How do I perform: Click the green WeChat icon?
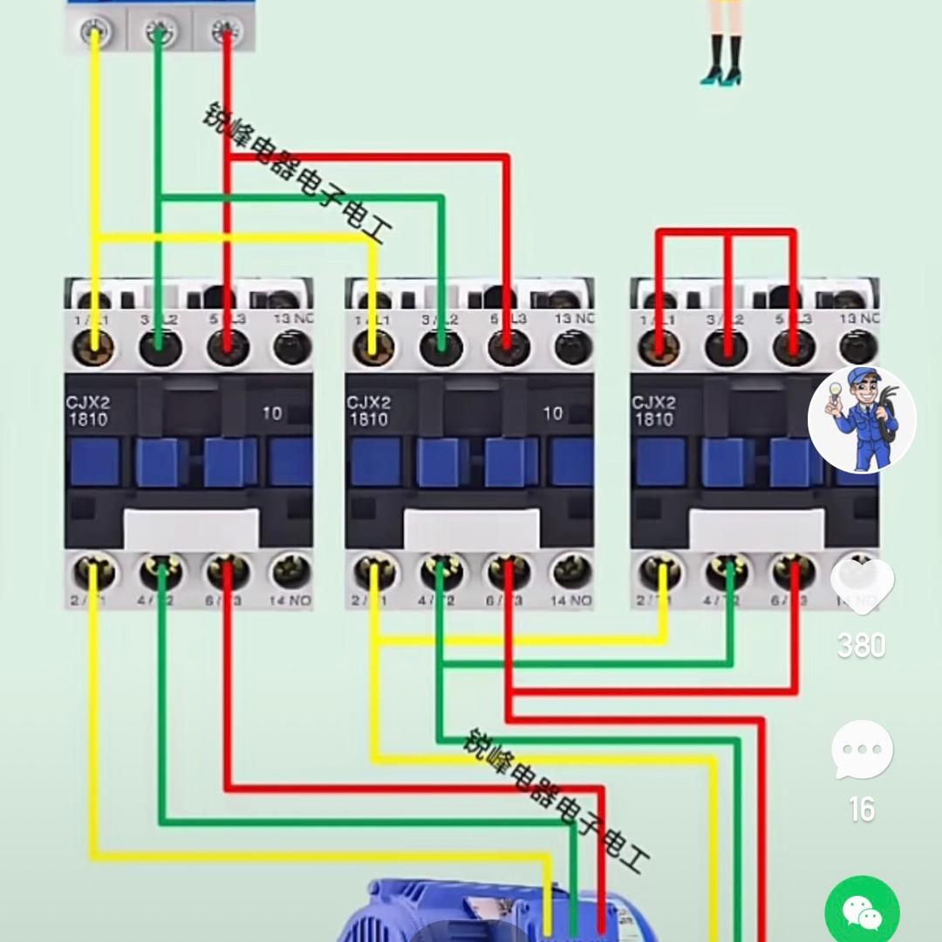coord(862,911)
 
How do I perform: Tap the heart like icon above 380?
coord(862,580)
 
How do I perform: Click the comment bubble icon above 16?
coord(862,749)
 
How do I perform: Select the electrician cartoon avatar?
coord(862,420)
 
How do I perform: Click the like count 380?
coord(862,646)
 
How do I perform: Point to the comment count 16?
coord(862,810)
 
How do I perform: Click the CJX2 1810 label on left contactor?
coord(87,411)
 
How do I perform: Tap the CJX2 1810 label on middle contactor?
coord(368,411)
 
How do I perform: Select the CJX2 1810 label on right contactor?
coord(653,411)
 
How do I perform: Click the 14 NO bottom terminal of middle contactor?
coord(572,572)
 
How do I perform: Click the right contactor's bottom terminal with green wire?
coord(728,572)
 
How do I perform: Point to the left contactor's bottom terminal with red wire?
coord(228,572)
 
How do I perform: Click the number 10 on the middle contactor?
coord(553,413)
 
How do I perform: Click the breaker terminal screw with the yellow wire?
coord(94,33)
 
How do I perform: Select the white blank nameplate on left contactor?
coord(191,529)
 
